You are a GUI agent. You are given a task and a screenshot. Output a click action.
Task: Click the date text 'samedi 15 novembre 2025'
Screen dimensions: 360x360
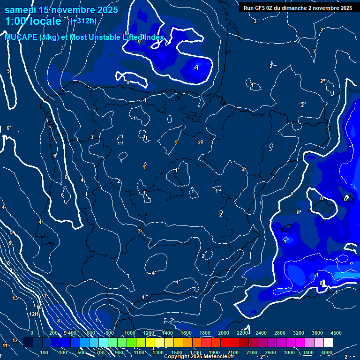(x=61, y=10)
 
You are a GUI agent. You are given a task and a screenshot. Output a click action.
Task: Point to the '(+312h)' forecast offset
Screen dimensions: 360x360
(x=83, y=21)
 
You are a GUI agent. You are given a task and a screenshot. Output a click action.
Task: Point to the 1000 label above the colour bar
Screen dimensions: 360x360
(x=129, y=333)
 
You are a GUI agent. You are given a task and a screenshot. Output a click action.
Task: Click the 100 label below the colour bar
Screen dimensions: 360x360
(x=45, y=352)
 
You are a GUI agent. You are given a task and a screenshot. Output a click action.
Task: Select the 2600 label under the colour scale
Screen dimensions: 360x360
(x=270, y=352)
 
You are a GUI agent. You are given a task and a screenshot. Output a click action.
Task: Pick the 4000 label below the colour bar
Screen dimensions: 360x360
(x=327, y=352)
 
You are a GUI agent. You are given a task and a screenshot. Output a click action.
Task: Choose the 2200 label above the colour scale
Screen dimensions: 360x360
(x=242, y=333)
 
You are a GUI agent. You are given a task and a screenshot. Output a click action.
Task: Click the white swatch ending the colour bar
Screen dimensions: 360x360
(x=328, y=343)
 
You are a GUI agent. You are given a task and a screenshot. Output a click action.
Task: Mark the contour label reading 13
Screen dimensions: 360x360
(x=15, y=298)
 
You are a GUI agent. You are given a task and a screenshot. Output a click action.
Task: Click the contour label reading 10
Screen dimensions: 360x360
(x=39, y=307)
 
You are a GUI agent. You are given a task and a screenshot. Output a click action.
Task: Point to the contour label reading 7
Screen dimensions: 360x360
(x=45, y=297)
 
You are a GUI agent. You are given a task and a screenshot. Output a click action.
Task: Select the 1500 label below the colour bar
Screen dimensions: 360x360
(x=176, y=352)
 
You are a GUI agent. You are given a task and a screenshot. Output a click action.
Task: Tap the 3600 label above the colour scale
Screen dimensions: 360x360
(x=317, y=333)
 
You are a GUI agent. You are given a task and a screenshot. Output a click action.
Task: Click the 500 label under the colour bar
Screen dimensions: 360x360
(x=82, y=352)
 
